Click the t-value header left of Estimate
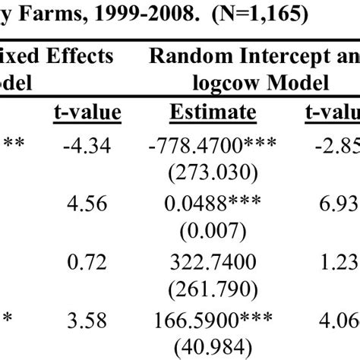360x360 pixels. (x=88, y=113)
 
